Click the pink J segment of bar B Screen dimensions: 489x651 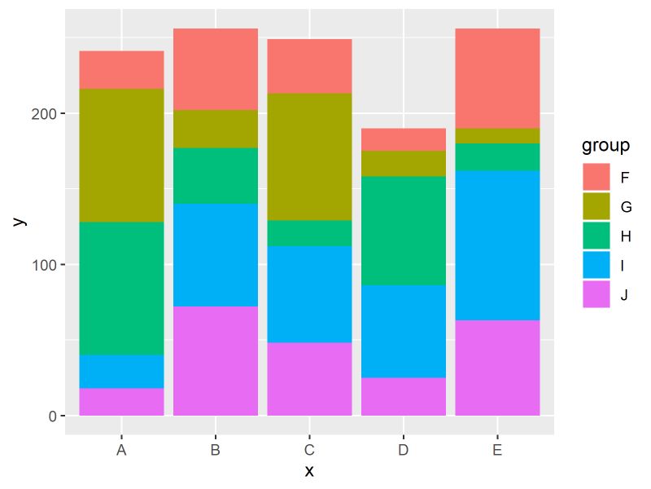tap(216, 361)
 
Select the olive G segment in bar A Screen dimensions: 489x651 tap(121, 155)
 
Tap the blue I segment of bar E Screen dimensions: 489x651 tap(497, 245)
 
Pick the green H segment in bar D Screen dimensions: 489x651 tap(404, 231)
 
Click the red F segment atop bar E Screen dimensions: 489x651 tap(497, 78)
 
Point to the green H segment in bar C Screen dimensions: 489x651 tap(309, 233)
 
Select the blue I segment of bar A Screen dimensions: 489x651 tap(121, 372)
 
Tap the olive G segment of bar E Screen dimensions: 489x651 tap(497, 136)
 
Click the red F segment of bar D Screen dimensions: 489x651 tap(404, 139)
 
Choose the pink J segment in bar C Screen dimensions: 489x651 tap(309, 379)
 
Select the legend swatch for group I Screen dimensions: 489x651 tap(596, 266)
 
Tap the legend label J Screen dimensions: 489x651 tap(624, 295)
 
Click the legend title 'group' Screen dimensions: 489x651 tap(605, 147)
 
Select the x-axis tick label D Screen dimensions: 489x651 tap(404, 449)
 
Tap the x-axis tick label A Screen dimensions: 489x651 tap(121, 449)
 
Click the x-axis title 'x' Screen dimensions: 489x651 tap(309, 471)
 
